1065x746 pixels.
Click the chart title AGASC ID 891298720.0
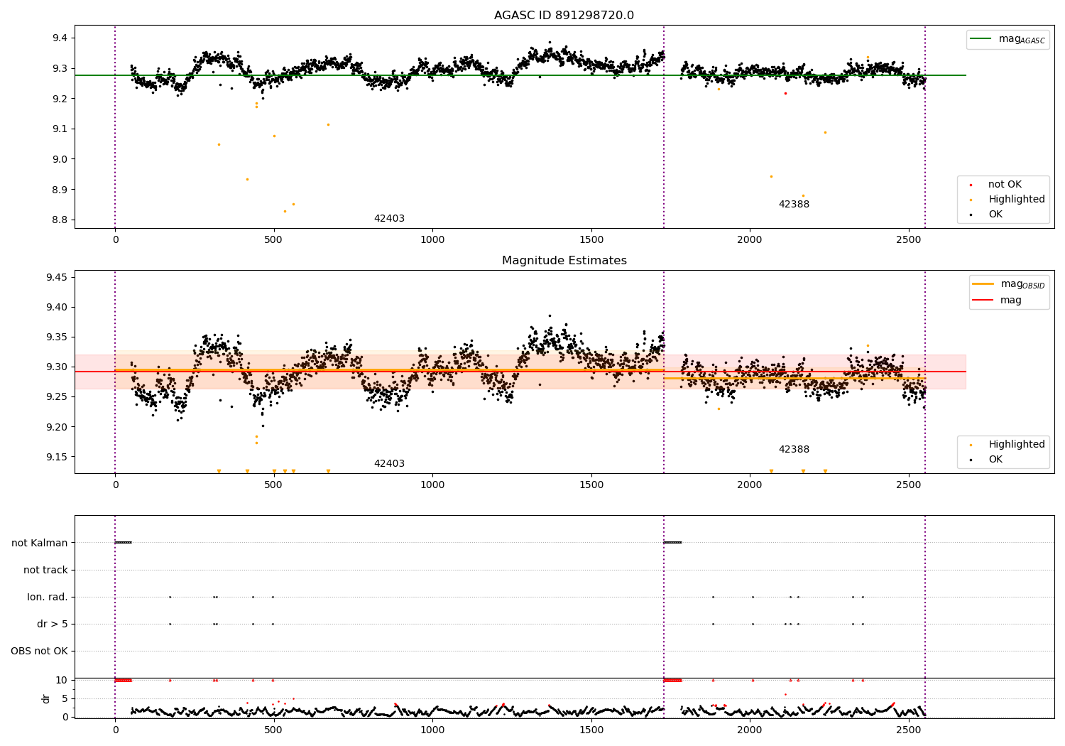pos(564,16)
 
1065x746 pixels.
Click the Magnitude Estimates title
pos(564,261)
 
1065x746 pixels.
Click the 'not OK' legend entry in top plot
pos(1004,185)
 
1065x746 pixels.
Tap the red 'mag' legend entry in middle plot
pos(1010,301)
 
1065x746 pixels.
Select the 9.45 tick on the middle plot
pos(56,277)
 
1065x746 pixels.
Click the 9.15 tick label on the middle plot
pos(56,457)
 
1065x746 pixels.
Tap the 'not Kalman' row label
pos(40,543)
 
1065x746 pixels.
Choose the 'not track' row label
pos(45,570)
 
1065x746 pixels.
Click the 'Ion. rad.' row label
pos(48,597)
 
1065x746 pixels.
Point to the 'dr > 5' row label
pos(53,624)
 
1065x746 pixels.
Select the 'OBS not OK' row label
pos(39,651)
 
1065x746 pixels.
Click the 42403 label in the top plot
pos(389,219)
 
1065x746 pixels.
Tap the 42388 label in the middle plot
pos(794,450)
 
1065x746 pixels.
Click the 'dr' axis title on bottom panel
pos(46,698)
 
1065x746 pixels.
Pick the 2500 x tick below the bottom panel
pos(909,730)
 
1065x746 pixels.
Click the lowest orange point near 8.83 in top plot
pos(285,211)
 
